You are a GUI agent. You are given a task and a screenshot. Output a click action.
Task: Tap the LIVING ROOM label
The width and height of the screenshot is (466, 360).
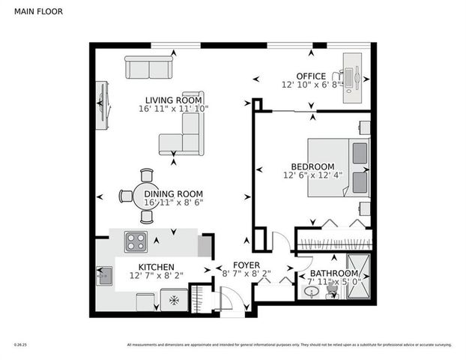[x=174, y=100]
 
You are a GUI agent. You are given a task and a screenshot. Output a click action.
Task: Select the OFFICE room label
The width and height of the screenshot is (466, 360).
[x=310, y=76]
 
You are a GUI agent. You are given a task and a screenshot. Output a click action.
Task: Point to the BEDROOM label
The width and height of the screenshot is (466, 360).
[x=312, y=166]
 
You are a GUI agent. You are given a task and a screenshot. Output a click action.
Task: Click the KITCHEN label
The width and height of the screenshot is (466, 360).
[x=156, y=267]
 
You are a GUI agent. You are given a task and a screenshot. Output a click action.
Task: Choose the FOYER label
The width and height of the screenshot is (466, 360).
[x=246, y=265]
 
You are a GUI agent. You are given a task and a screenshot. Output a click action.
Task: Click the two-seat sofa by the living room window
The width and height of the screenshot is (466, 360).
[x=148, y=68]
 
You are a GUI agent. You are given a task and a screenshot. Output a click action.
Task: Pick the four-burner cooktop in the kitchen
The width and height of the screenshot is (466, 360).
[x=136, y=241]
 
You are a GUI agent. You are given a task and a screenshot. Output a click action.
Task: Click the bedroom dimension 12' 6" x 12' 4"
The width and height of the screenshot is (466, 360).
[x=312, y=176]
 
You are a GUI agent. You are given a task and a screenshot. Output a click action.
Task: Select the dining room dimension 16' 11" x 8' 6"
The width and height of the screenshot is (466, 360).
[x=173, y=202]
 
